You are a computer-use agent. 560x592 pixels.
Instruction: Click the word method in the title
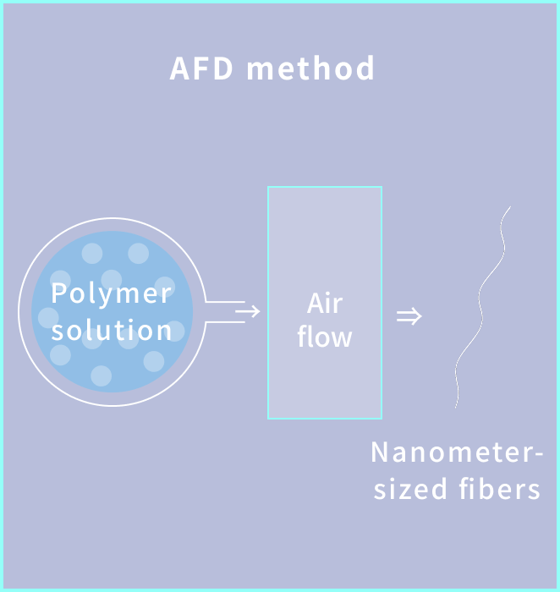point(310,69)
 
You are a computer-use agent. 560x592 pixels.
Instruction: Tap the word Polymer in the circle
point(111,294)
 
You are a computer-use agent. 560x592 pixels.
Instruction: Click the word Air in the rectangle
point(325,303)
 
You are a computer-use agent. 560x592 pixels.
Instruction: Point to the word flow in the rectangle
point(325,337)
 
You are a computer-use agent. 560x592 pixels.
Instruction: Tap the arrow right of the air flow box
point(409,317)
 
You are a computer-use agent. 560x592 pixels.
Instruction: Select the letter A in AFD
point(179,69)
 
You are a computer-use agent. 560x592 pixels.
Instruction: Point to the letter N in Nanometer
point(380,452)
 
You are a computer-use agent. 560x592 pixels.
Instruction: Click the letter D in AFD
point(222,69)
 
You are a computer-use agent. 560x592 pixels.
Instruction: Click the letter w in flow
point(341,339)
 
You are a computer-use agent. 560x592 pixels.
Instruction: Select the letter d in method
point(365,69)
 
